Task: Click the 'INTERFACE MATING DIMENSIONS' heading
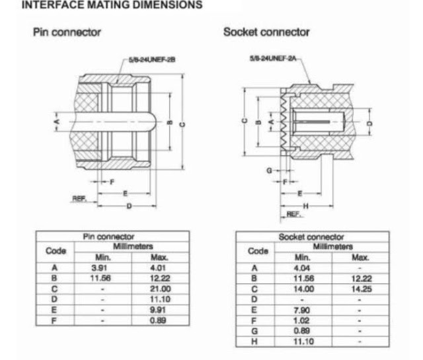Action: click(x=112, y=5)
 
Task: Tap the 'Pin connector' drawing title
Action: click(x=67, y=32)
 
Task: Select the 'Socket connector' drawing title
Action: click(x=266, y=32)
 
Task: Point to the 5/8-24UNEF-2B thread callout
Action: click(x=152, y=59)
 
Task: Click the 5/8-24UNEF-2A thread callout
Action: click(x=273, y=58)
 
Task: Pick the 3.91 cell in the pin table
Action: click(x=99, y=268)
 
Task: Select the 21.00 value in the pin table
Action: click(x=160, y=289)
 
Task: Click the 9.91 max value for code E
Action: click(x=158, y=310)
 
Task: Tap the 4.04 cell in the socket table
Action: click(x=302, y=268)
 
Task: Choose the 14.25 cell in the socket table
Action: click(x=362, y=289)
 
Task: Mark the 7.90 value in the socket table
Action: click(x=302, y=310)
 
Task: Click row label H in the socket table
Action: click(x=254, y=342)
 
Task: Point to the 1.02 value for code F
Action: click(x=301, y=320)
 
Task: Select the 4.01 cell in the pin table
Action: click(x=158, y=268)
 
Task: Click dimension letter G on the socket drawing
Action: click(x=269, y=170)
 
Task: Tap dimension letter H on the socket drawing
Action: click(x=305, y=206)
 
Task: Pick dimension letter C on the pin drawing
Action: click(x=182, y=125)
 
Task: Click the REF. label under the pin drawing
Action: click(x=79, y=199)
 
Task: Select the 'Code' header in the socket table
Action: click(x=258, y=251)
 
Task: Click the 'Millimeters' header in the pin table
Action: click(x=133, y=246)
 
